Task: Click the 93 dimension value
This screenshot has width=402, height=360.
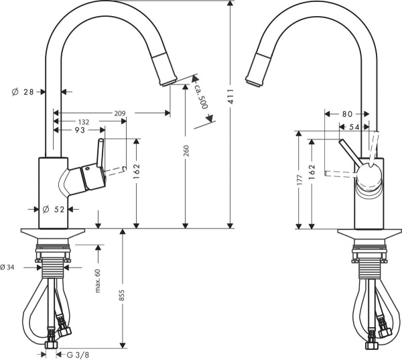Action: click(79, 129)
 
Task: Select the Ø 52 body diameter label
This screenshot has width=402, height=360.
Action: click(53, 209)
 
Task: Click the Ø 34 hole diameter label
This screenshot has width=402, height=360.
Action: click(9, 267)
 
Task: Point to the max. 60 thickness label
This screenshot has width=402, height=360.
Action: click(98, 282)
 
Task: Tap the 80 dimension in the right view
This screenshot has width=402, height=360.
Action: click(347, 113)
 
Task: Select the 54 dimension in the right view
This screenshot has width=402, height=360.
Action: click(354, 126)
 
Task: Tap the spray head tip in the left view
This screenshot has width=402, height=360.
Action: click(165, 82)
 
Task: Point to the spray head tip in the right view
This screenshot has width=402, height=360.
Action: click(253, 82)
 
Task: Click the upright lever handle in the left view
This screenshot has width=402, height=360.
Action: click(100, 154)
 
